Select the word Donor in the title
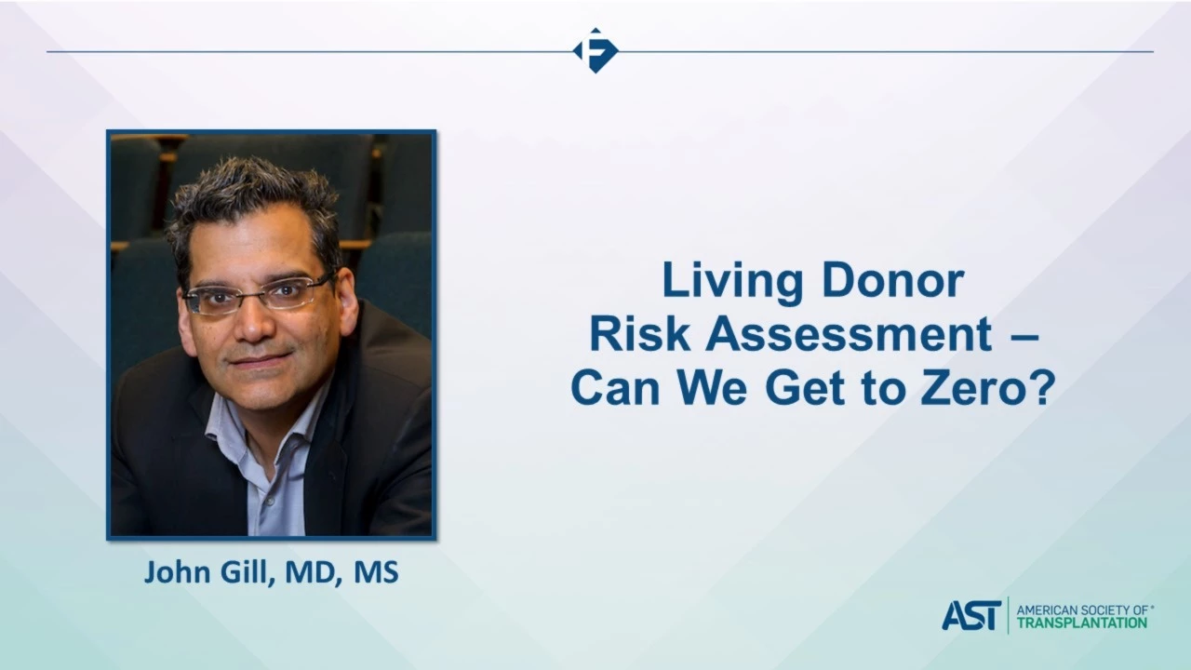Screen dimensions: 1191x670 [892, 280]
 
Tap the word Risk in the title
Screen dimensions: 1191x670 [640, 334]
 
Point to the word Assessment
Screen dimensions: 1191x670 [849, 334]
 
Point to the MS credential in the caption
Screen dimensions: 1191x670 [376, 572]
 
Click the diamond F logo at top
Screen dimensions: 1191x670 [595, 50]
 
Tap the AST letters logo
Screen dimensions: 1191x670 [971, 616]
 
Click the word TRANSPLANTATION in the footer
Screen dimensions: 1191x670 [1082, 623]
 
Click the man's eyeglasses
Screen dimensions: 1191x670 [259, 293]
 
